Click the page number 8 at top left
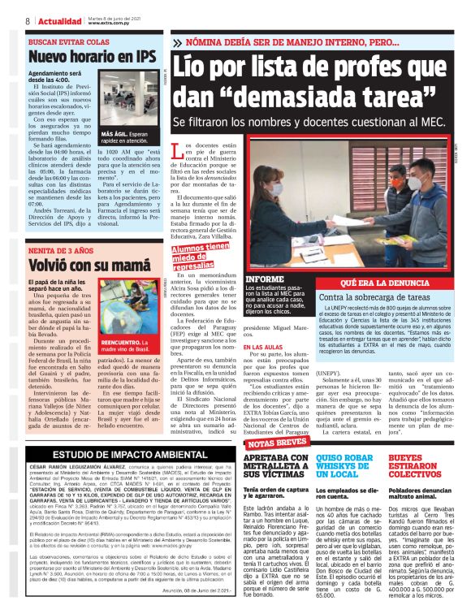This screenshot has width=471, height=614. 28,21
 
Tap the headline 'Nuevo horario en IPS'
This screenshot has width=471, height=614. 91,57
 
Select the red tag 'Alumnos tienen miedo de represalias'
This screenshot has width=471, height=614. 201,256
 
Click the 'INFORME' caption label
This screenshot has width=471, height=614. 265,279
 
